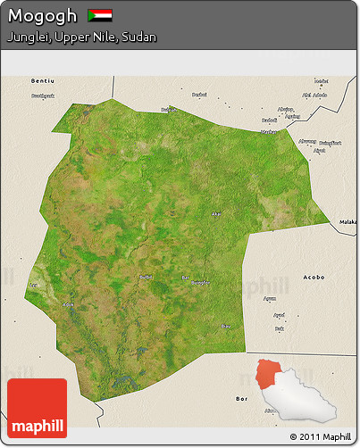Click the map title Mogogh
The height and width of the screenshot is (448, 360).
pos(40,16)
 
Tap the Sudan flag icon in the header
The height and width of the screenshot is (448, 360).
pos(99,16)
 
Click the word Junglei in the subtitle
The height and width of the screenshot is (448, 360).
pos(28,37)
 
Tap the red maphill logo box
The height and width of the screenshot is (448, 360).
pos(37,408)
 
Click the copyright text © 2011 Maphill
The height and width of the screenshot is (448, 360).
pos(321,436)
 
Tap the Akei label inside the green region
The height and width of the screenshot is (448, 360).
pos(215,213)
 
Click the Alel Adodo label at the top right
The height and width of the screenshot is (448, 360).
pos(314,95)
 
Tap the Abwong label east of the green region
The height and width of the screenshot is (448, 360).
pos(307,140)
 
